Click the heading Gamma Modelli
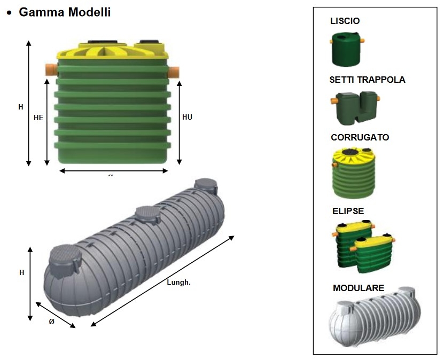coord(65,12)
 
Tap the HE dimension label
coord(38,118)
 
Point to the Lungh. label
coord(179,283)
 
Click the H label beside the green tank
coord(21,107)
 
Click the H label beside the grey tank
coord(22,272)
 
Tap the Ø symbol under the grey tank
coord(52,322)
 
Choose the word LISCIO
coord(345,21)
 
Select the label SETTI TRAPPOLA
coord(367,80)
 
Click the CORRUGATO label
coord(360,137)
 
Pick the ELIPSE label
coord(347,211)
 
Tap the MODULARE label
coord(359,288)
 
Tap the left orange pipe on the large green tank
coord(51,69)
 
